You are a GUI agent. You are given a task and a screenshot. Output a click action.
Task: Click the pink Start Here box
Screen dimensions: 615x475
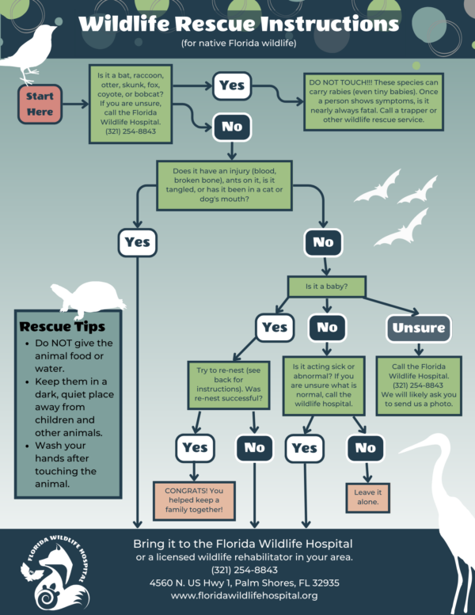tap(40, 104)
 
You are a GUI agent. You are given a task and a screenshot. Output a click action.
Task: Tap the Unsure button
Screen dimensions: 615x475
tap(419, 328)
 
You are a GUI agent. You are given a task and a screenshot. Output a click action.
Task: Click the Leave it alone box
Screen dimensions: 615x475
tap(366, 496)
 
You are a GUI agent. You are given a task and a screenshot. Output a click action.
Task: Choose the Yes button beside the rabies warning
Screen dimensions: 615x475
tap(232, 86)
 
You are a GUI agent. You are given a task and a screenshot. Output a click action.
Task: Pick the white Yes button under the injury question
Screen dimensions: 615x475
tap(138, 242)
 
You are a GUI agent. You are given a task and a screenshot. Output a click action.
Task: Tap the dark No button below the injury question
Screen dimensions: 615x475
tap(324, 242)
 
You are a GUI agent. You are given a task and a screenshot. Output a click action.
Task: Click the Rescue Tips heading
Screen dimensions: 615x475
tap(63, 326)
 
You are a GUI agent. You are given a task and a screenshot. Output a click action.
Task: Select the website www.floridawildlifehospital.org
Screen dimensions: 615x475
tap(244, 595)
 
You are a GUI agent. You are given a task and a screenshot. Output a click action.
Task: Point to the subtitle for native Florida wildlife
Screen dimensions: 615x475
tap(237, 42)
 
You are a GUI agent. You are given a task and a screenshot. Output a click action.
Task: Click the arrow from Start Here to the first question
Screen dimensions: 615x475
tap(75, 104)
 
